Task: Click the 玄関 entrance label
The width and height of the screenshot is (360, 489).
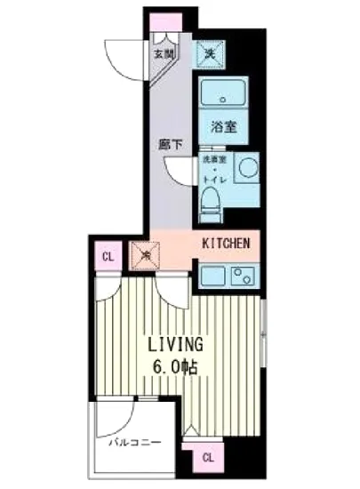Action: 164,54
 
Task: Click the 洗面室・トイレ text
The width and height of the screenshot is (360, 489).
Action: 214,169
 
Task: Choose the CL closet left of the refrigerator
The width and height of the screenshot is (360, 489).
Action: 107,258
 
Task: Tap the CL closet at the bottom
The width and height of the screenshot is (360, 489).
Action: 206,458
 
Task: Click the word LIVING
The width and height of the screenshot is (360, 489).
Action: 174,343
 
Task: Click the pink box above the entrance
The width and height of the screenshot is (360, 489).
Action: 164,22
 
